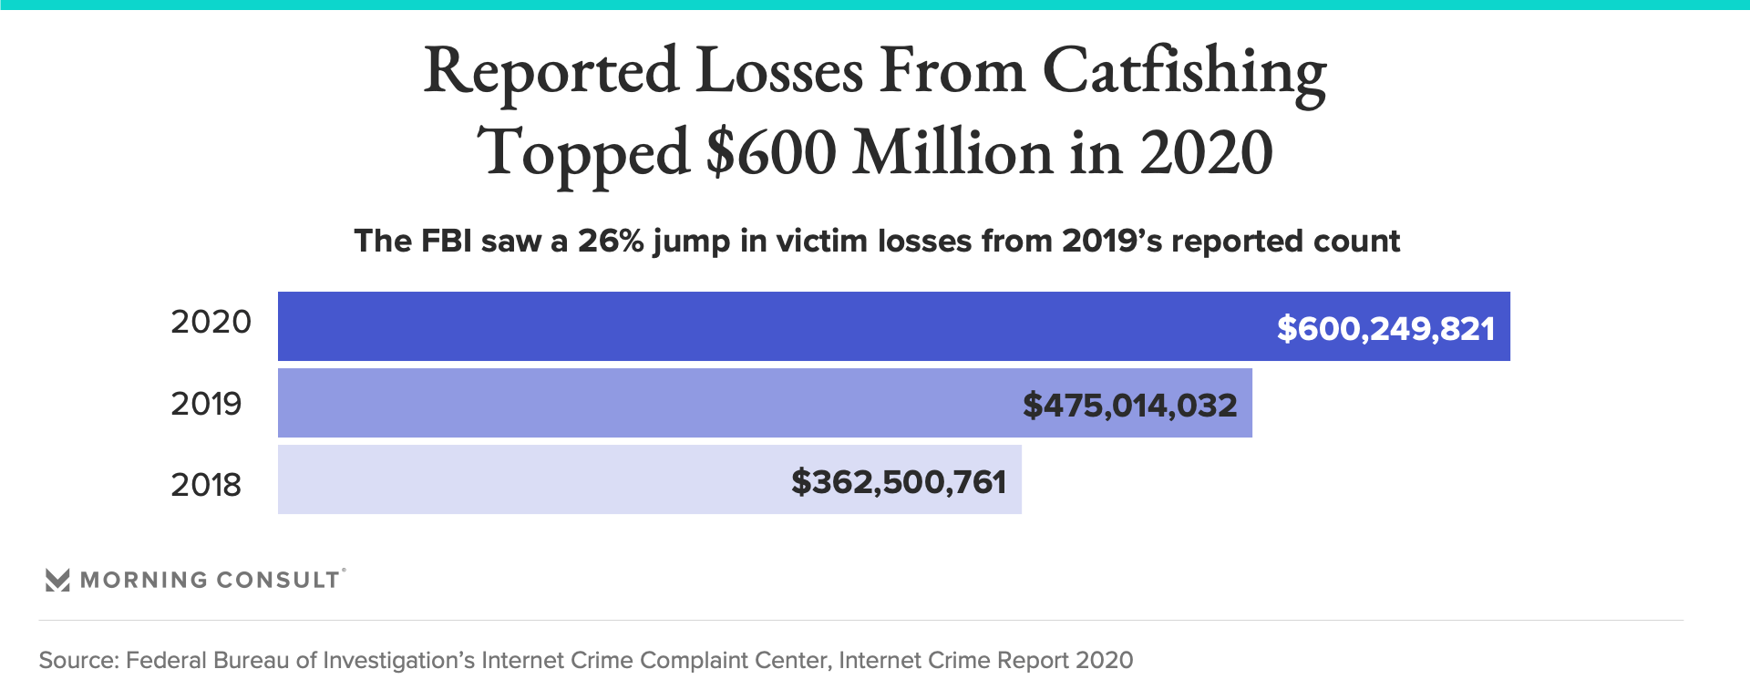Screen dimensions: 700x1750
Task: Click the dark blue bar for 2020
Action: click(775, 326)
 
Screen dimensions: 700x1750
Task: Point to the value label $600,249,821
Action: click(1385, 328)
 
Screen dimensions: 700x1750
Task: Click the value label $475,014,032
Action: click(1129, 405)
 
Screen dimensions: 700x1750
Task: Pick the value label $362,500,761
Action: click(899, 481)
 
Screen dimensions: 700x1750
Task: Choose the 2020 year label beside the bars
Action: click(211, 322)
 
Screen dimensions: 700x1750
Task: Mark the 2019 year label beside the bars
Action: click(206, 403)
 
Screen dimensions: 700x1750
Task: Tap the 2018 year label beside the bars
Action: click(206, 484)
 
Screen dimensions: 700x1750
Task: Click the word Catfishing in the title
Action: click(1184, 71)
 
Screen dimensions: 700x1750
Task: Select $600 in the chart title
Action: click(771, 152)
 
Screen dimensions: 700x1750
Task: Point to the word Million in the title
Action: click(952, 152)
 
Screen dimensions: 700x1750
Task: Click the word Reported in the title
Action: click(551, 71)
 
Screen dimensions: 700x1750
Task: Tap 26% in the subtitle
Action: click(611, 241)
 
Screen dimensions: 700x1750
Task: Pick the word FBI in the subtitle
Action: click(446, 241)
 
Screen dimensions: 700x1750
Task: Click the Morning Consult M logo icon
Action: click(57, 580)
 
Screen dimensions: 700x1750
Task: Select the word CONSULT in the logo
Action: click(278, 580)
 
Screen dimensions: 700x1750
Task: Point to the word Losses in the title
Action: click(779, 71)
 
